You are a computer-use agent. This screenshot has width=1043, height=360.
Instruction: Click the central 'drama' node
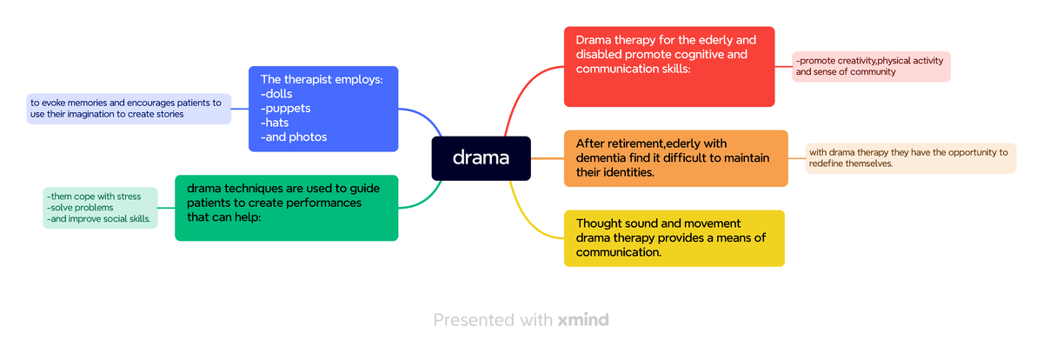click(x=481, y=158)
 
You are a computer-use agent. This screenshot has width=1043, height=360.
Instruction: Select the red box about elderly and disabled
click(x=668, y=67)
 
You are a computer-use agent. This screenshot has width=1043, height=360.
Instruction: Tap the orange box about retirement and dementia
click(x=675, y=158)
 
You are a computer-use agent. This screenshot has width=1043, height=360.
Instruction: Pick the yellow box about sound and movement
click(x=674, y=238)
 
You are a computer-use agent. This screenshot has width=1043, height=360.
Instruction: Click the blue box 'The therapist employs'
click(x=322, y=109)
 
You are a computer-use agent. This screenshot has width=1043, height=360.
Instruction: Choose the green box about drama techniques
click(x=286, y=208)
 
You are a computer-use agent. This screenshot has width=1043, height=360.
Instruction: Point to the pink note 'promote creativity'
click(x=870, y=67)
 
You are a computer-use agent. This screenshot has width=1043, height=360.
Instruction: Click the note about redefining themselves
click(x=910, y=158)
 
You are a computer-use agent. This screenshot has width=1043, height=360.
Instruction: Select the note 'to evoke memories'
click(x=129, y=109)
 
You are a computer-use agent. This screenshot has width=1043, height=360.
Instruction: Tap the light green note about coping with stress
click(x=99, y=208)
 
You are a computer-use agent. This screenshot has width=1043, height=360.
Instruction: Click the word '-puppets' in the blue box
click(x=285, y=109)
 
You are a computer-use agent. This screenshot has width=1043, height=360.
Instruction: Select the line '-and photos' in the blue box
click(x=294, y=137)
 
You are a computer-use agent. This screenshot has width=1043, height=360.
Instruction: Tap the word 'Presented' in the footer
click(x=475, y=320)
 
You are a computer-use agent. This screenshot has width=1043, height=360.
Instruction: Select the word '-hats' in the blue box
click(x=275, y=123)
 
